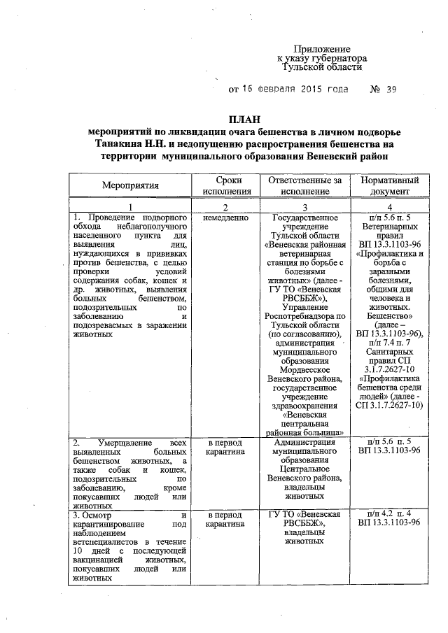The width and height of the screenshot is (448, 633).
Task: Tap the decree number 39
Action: pyautogui.click(x=391, y=90)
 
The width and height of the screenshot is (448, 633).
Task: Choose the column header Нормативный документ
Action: pyautogui.click(x=389, y=185)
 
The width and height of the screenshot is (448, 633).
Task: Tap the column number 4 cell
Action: pyautogui.click(x=389, y=207)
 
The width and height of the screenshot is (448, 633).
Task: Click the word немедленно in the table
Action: pyautogui.click(x=224, y=218)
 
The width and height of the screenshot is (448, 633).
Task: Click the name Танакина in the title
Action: pyautogui.click(x=125, y=144)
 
